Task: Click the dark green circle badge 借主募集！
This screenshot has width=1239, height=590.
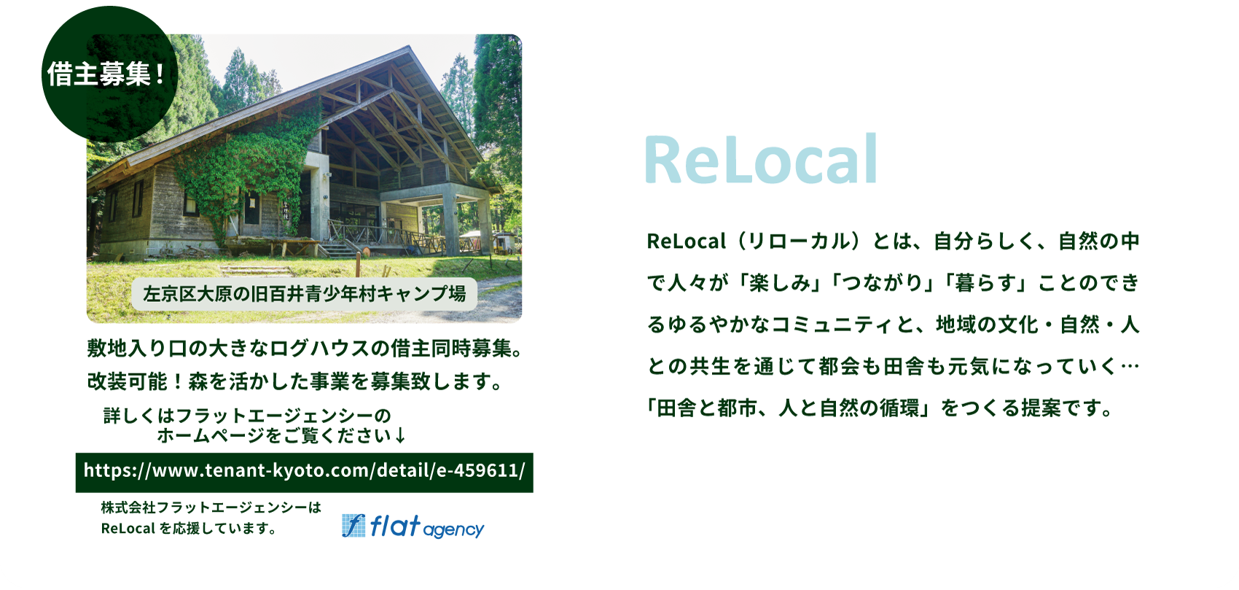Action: click(x=109, y=74)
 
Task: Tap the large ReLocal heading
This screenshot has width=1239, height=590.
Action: click(x=761, y=160)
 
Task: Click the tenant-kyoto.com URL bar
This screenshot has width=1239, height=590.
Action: click(x=304, y=472)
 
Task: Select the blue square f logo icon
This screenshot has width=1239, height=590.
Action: click(x=353, y=526)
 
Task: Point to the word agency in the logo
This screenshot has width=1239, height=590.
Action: click(x=453, y=530)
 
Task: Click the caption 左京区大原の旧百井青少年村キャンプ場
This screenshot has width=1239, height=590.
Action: click(x=304, y=294)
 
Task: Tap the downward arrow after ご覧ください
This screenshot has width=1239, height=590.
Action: click(x=400, y=436)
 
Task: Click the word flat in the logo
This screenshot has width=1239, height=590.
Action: click(x=395, y=526)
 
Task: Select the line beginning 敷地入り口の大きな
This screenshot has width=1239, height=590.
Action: click(x=305, y=349)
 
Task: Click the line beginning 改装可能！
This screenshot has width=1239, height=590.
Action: click(x=295, y=381)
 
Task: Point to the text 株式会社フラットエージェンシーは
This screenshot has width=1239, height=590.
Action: click(x=211, y=508)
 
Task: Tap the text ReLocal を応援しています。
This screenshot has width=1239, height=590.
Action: click(x=189, y=529)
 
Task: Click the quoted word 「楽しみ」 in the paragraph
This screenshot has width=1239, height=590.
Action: click(x=780, y=283)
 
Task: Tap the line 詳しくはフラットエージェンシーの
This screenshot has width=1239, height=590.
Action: click(x=247, y=416)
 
